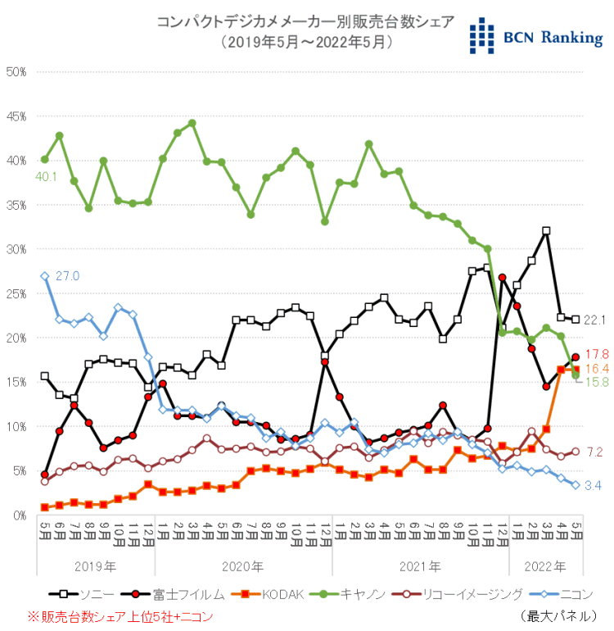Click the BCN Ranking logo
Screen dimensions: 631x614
(536, 36)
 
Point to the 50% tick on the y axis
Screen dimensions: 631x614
(16, 72)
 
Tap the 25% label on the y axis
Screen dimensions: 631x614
(16, 293)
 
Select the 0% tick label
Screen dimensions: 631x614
(20, 515)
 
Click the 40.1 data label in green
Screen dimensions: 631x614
(44, 175)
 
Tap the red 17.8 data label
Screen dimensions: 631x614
(598, 354)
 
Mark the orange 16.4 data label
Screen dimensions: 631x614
(598, 369)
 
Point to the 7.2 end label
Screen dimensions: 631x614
(596, 452)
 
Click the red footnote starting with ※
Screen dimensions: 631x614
(120, 615)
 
